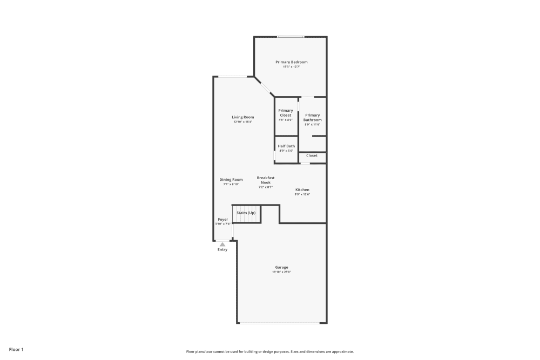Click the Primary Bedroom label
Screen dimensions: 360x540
coord(291,62)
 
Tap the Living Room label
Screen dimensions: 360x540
coord(243,117)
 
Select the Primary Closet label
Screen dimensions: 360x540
coord(286,113)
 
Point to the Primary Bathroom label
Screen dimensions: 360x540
coord(312,117)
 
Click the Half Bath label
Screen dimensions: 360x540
coord(286,146)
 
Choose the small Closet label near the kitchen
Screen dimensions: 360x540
coord(312,155)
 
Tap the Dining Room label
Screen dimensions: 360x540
coord(231,180)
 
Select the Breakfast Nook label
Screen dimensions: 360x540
coord(266,180)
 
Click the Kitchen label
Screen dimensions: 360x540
coord(302,190)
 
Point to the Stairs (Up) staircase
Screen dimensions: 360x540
coord(246,213)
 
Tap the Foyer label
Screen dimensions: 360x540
coord(223,220)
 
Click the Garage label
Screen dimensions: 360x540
coord(281,267)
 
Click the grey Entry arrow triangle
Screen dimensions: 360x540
coord(222,244)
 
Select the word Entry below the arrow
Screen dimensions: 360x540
coord(222,249)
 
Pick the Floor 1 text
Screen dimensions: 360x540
coord(16,350)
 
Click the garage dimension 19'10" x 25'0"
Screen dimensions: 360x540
coord(281,272)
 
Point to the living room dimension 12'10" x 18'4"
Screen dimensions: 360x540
coord(243,122)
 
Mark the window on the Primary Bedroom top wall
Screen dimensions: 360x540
coord(291,37)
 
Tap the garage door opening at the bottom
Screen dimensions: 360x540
coord(281,323)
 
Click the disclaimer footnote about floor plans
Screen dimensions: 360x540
coord(270,351)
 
